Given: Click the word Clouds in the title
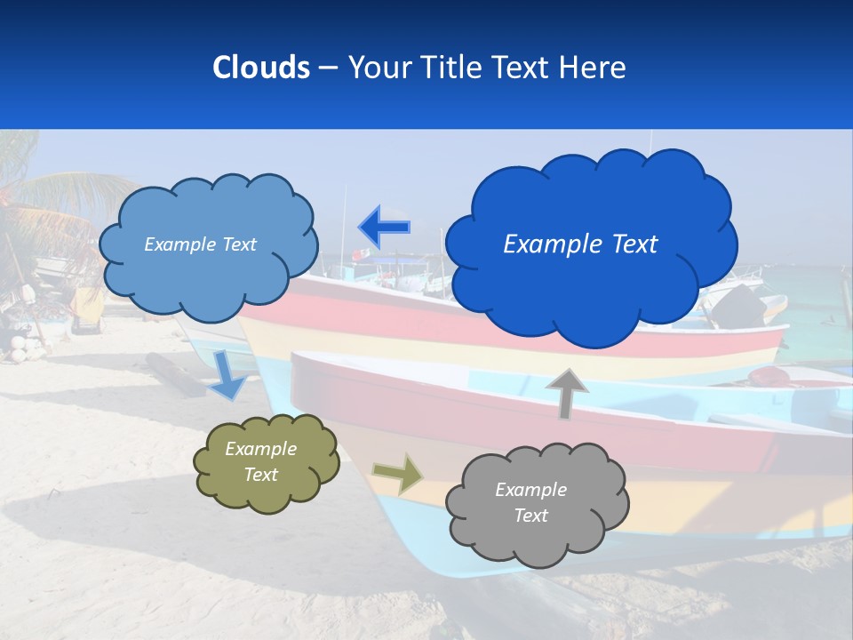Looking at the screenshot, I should pyautogui.click(x=261, y=68).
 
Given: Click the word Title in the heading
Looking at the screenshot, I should pyautogui.click(x=450, y=68).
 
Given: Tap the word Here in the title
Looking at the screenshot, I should pyautogui.click(x=593, y=68).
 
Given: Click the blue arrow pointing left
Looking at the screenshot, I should pyautogui.click(x=384, y=226).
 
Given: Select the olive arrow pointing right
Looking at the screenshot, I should pyautogui.click(x=398, y=474).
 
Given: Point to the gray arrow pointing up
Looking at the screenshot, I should pyautogui.click(x=566, y=393).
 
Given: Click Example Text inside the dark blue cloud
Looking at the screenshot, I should pyautogui.click(x=580, y=244).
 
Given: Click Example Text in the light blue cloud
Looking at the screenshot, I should pyautogui.click(x=200, y=244).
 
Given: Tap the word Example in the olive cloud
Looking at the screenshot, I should pyautogui.click(x=260, y=449).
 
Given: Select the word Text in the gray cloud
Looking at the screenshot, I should pyautogui.click(x=530, y=516).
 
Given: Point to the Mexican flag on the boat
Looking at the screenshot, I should pyautogui.click(x=359, y=255).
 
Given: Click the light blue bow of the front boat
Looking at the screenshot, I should pyautogui.click(x=418, y=542).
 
